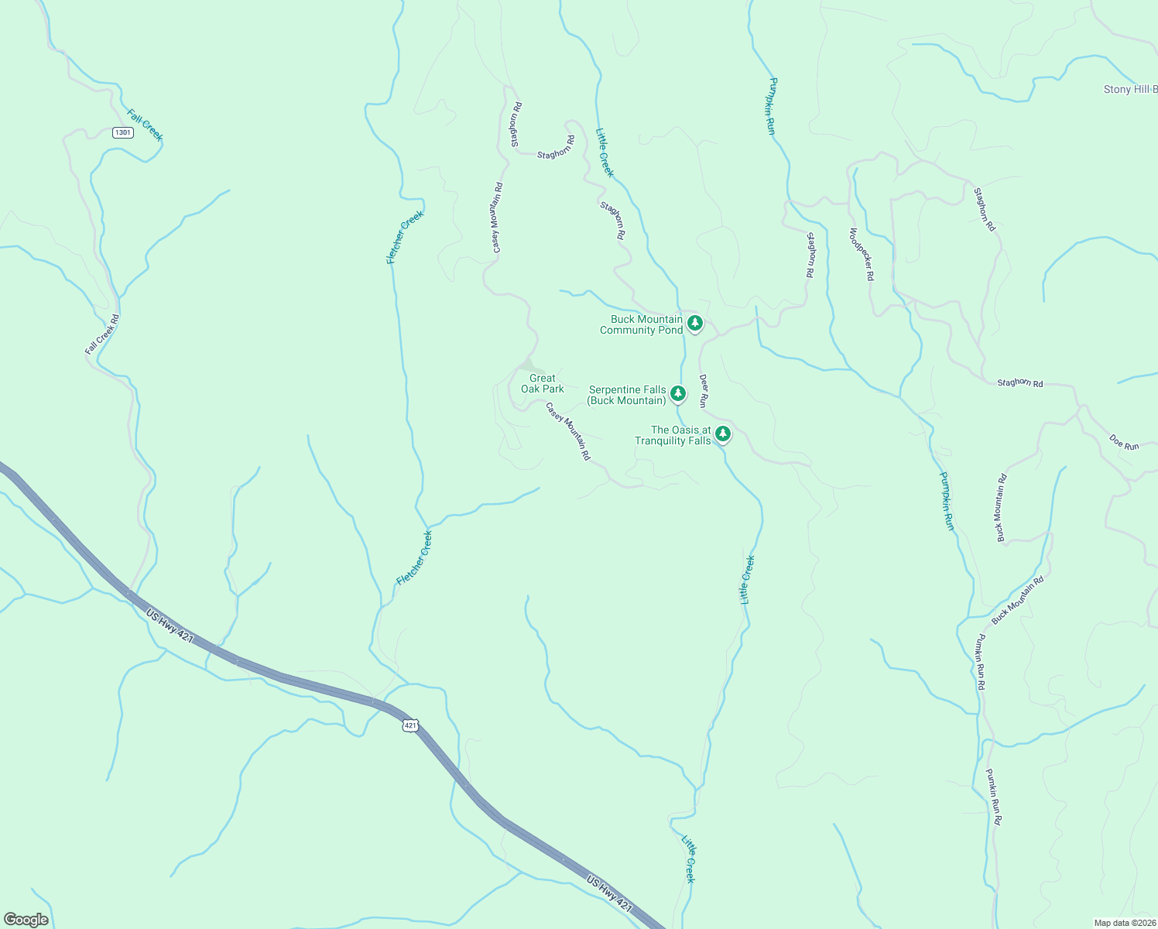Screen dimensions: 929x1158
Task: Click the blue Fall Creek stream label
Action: (x=146, y=125)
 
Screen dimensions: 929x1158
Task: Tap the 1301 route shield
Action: (x=123, y=132)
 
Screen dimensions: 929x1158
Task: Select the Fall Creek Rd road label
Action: (x=102, y=334)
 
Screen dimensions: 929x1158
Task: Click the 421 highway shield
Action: (x=410, y=725)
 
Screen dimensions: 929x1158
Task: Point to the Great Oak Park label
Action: (x=542, y=384)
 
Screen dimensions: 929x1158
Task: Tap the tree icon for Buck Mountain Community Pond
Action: (x=695, y=323)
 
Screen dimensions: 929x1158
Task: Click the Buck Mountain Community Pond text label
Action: (x=642, y=324)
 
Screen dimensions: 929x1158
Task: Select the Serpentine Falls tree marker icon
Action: (x=678, y=393)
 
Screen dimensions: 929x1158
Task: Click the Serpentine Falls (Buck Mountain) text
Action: (x=627, y=395)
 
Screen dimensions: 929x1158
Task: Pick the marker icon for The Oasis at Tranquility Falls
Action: (x=723, y=434)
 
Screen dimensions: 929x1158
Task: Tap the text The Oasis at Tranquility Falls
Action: (x=673, y=435)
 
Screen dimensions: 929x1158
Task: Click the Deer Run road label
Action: (x=704, y=391)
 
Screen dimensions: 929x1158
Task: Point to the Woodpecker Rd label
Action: (x=862, y=254)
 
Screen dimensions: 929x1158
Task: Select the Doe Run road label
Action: (x=1124, y=442)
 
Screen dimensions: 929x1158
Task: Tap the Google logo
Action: (x=26, y=920)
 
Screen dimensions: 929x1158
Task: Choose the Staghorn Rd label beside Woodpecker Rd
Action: (x=810, y=255)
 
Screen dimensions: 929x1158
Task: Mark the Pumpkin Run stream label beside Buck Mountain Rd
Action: (x=947, y=501)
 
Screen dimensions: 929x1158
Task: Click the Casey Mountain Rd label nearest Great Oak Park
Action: (x=568, y=431)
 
